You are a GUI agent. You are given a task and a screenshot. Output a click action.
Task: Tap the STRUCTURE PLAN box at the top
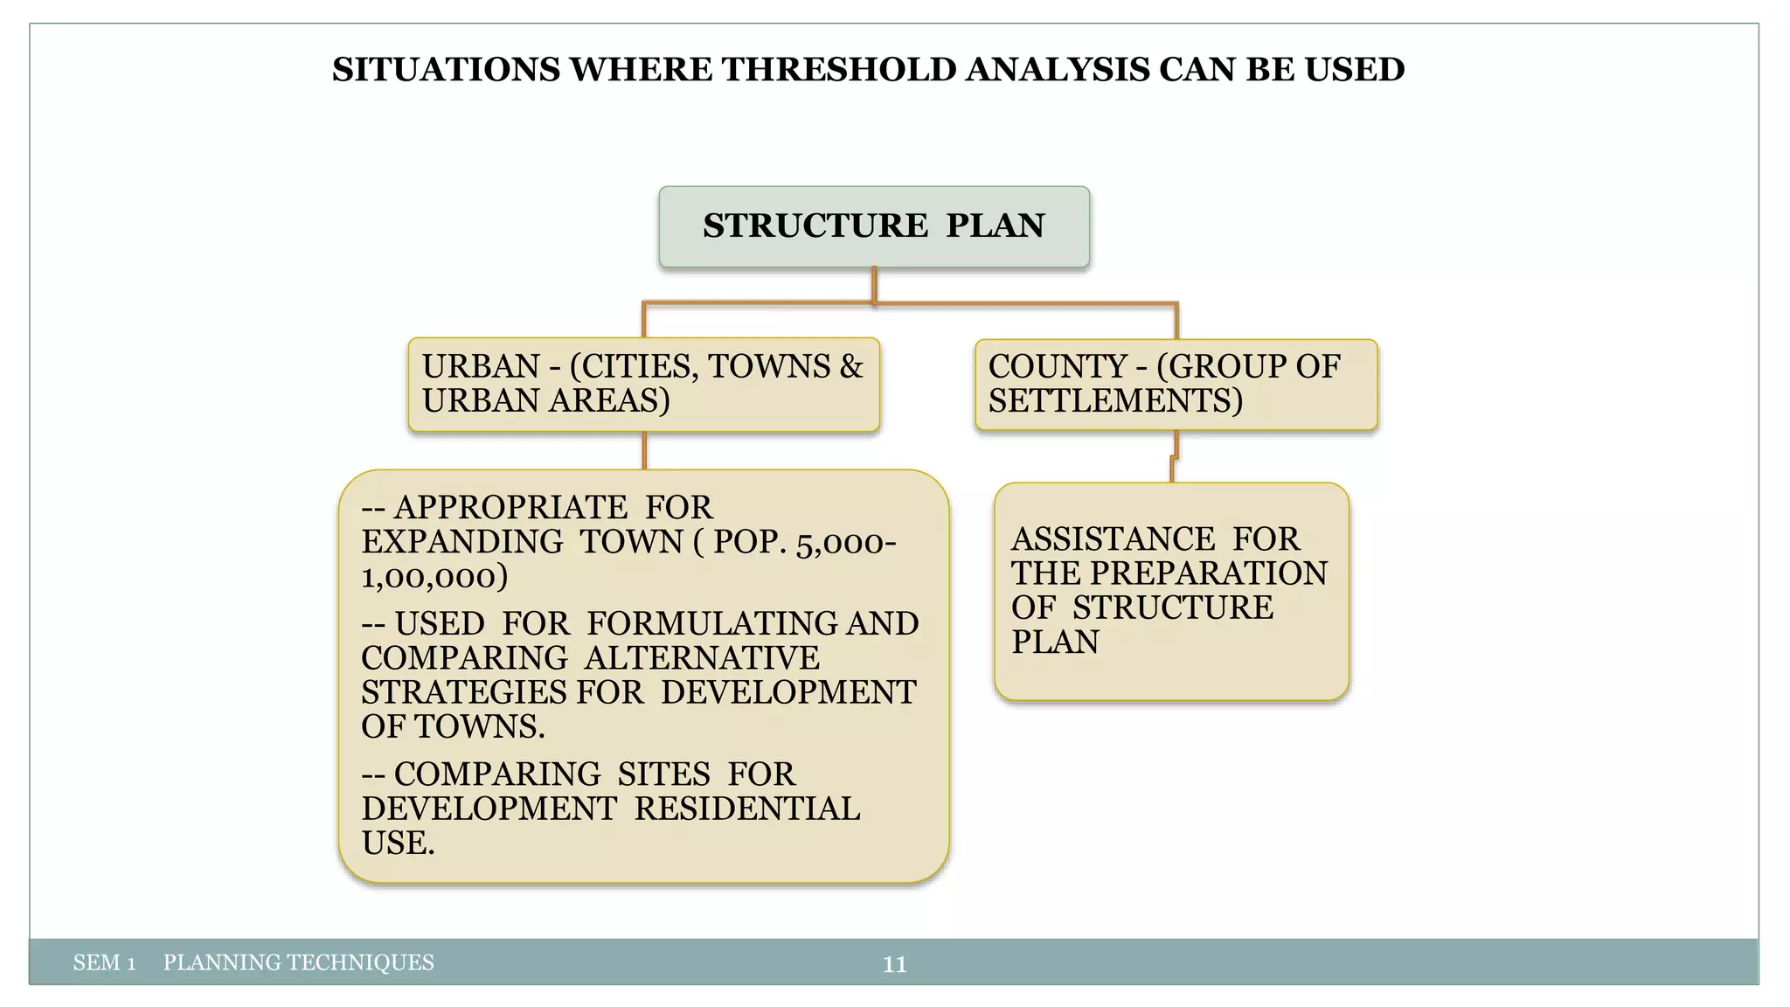pyautogui.click(x=873, y=226)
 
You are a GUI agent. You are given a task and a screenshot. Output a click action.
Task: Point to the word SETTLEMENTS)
pyautogui.click(x=1115, y=401)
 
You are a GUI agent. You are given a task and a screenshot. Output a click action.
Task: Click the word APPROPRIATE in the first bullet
pyautogui.click(x=510, y=508)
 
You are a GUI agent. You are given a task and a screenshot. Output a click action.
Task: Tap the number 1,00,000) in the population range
pyautogui.click(x=434, y=577)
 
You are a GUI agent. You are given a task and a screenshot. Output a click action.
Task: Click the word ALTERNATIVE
pyautogui.click(x=702, y=658)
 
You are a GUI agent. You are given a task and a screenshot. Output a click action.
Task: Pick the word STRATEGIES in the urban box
pyautogui.click(x=464, y=692)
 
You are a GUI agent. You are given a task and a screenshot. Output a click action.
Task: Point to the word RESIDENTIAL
pyautogui.click(x=746, y=809)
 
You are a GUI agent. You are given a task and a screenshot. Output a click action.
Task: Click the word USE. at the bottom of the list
pyautogui.click(x=398, y=844)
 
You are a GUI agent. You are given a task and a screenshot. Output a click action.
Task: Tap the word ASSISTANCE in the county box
pyautogui.click(x=1113, y=539)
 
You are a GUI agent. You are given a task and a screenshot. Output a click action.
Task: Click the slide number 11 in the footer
pyautogui.click(x=894, y=964)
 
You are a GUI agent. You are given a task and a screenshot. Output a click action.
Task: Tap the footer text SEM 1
pyautogui.click(x=104, y=963)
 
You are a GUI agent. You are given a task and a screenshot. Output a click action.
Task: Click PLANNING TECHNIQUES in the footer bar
pyautogui.click(x=298, y=963)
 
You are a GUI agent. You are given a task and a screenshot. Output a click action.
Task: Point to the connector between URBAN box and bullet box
pyautogui.click(x=644, y=451)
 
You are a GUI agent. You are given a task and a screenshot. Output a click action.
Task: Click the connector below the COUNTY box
pyautogui.click(x=1174, y=456)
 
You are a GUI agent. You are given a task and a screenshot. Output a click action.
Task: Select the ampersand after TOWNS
pyautogui.click(x=850, y=366)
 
